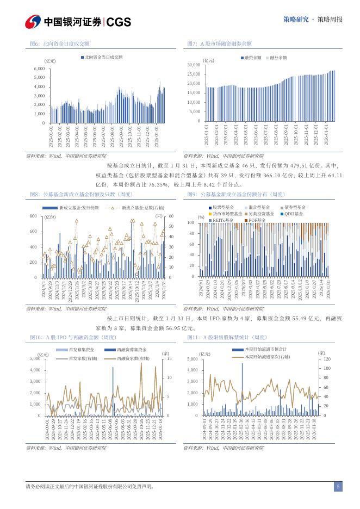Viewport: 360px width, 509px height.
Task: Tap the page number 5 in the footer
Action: (338, 487)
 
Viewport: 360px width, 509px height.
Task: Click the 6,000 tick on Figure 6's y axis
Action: (39, 69)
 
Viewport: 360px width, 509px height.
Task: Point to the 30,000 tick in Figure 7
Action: (194, 65)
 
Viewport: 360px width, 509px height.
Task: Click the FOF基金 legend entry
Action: (257, 220)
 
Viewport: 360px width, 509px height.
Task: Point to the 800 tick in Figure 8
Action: (33, 216)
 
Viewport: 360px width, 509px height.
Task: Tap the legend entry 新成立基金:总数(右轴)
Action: (142, 208)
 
